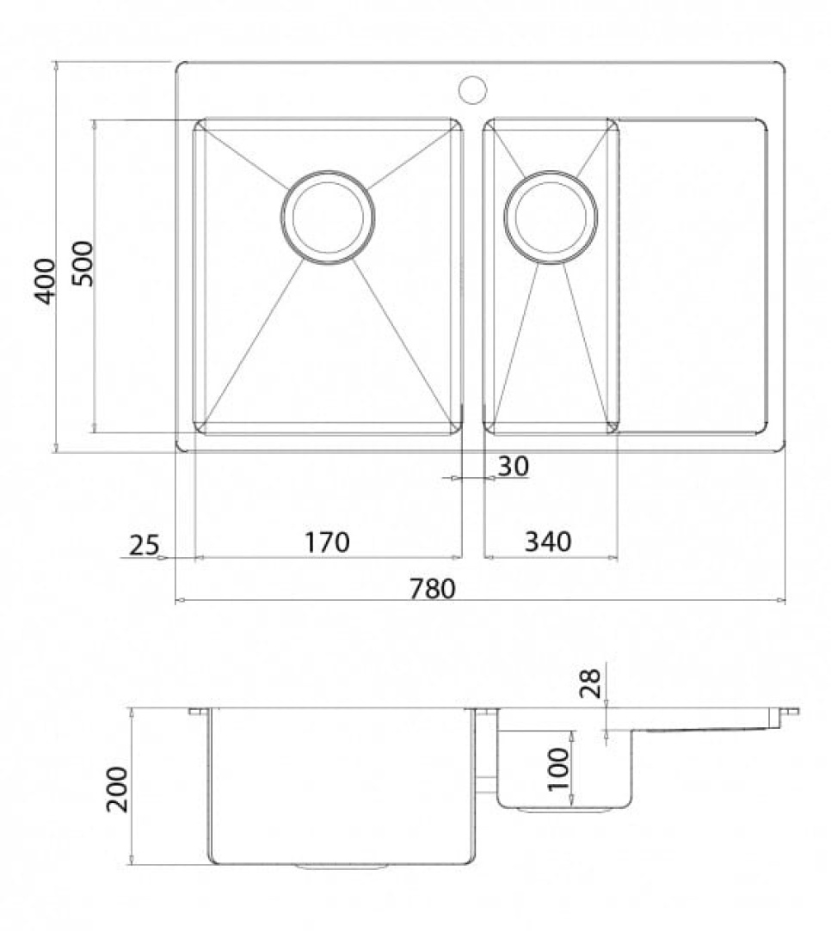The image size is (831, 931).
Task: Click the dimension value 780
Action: [431, 589]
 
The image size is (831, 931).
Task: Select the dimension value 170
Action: [326, 542]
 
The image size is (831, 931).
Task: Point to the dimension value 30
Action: [513, 466]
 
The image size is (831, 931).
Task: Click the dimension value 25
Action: [144, 544]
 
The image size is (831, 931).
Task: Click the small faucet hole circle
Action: [472, 89]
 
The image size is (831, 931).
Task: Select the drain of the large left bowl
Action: [328, 217]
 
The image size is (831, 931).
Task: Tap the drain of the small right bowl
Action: [551, 217]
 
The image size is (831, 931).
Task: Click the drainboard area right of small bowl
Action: [692, 275]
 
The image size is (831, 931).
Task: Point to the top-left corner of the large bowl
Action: [199, 125]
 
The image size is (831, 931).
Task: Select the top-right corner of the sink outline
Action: [781, 65]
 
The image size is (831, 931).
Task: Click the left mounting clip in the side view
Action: [198, 712]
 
